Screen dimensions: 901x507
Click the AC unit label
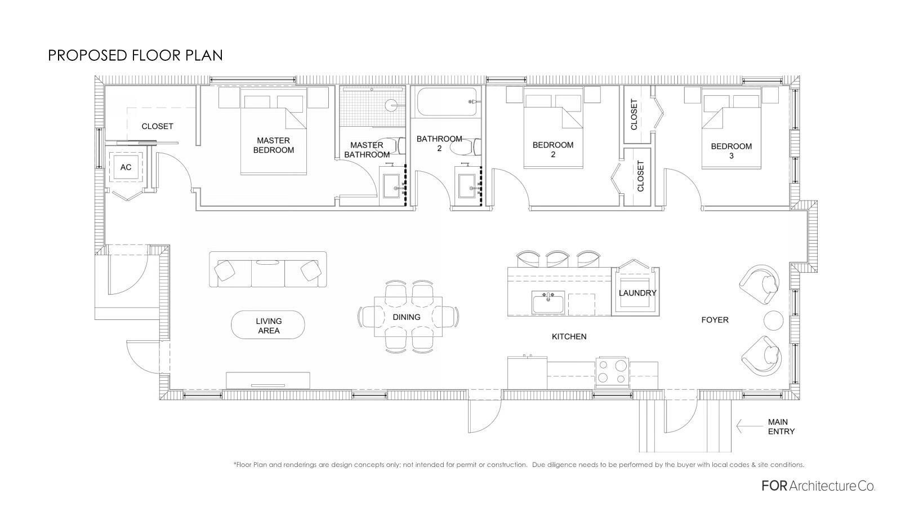126,167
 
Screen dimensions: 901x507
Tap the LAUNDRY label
637,293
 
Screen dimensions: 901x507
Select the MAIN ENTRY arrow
750,426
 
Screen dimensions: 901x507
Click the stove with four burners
612,372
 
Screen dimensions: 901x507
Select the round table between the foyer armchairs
774,321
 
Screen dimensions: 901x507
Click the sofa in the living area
268,269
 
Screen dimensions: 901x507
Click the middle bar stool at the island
557,259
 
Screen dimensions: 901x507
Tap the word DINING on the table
407,317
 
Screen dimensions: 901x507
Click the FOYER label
715,320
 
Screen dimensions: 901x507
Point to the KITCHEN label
569,336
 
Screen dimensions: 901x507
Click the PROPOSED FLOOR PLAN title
135,56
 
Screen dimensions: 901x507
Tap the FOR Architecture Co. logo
819,486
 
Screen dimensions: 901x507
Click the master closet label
157,126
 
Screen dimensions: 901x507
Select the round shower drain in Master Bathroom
391,105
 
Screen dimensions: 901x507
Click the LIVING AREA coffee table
268,324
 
